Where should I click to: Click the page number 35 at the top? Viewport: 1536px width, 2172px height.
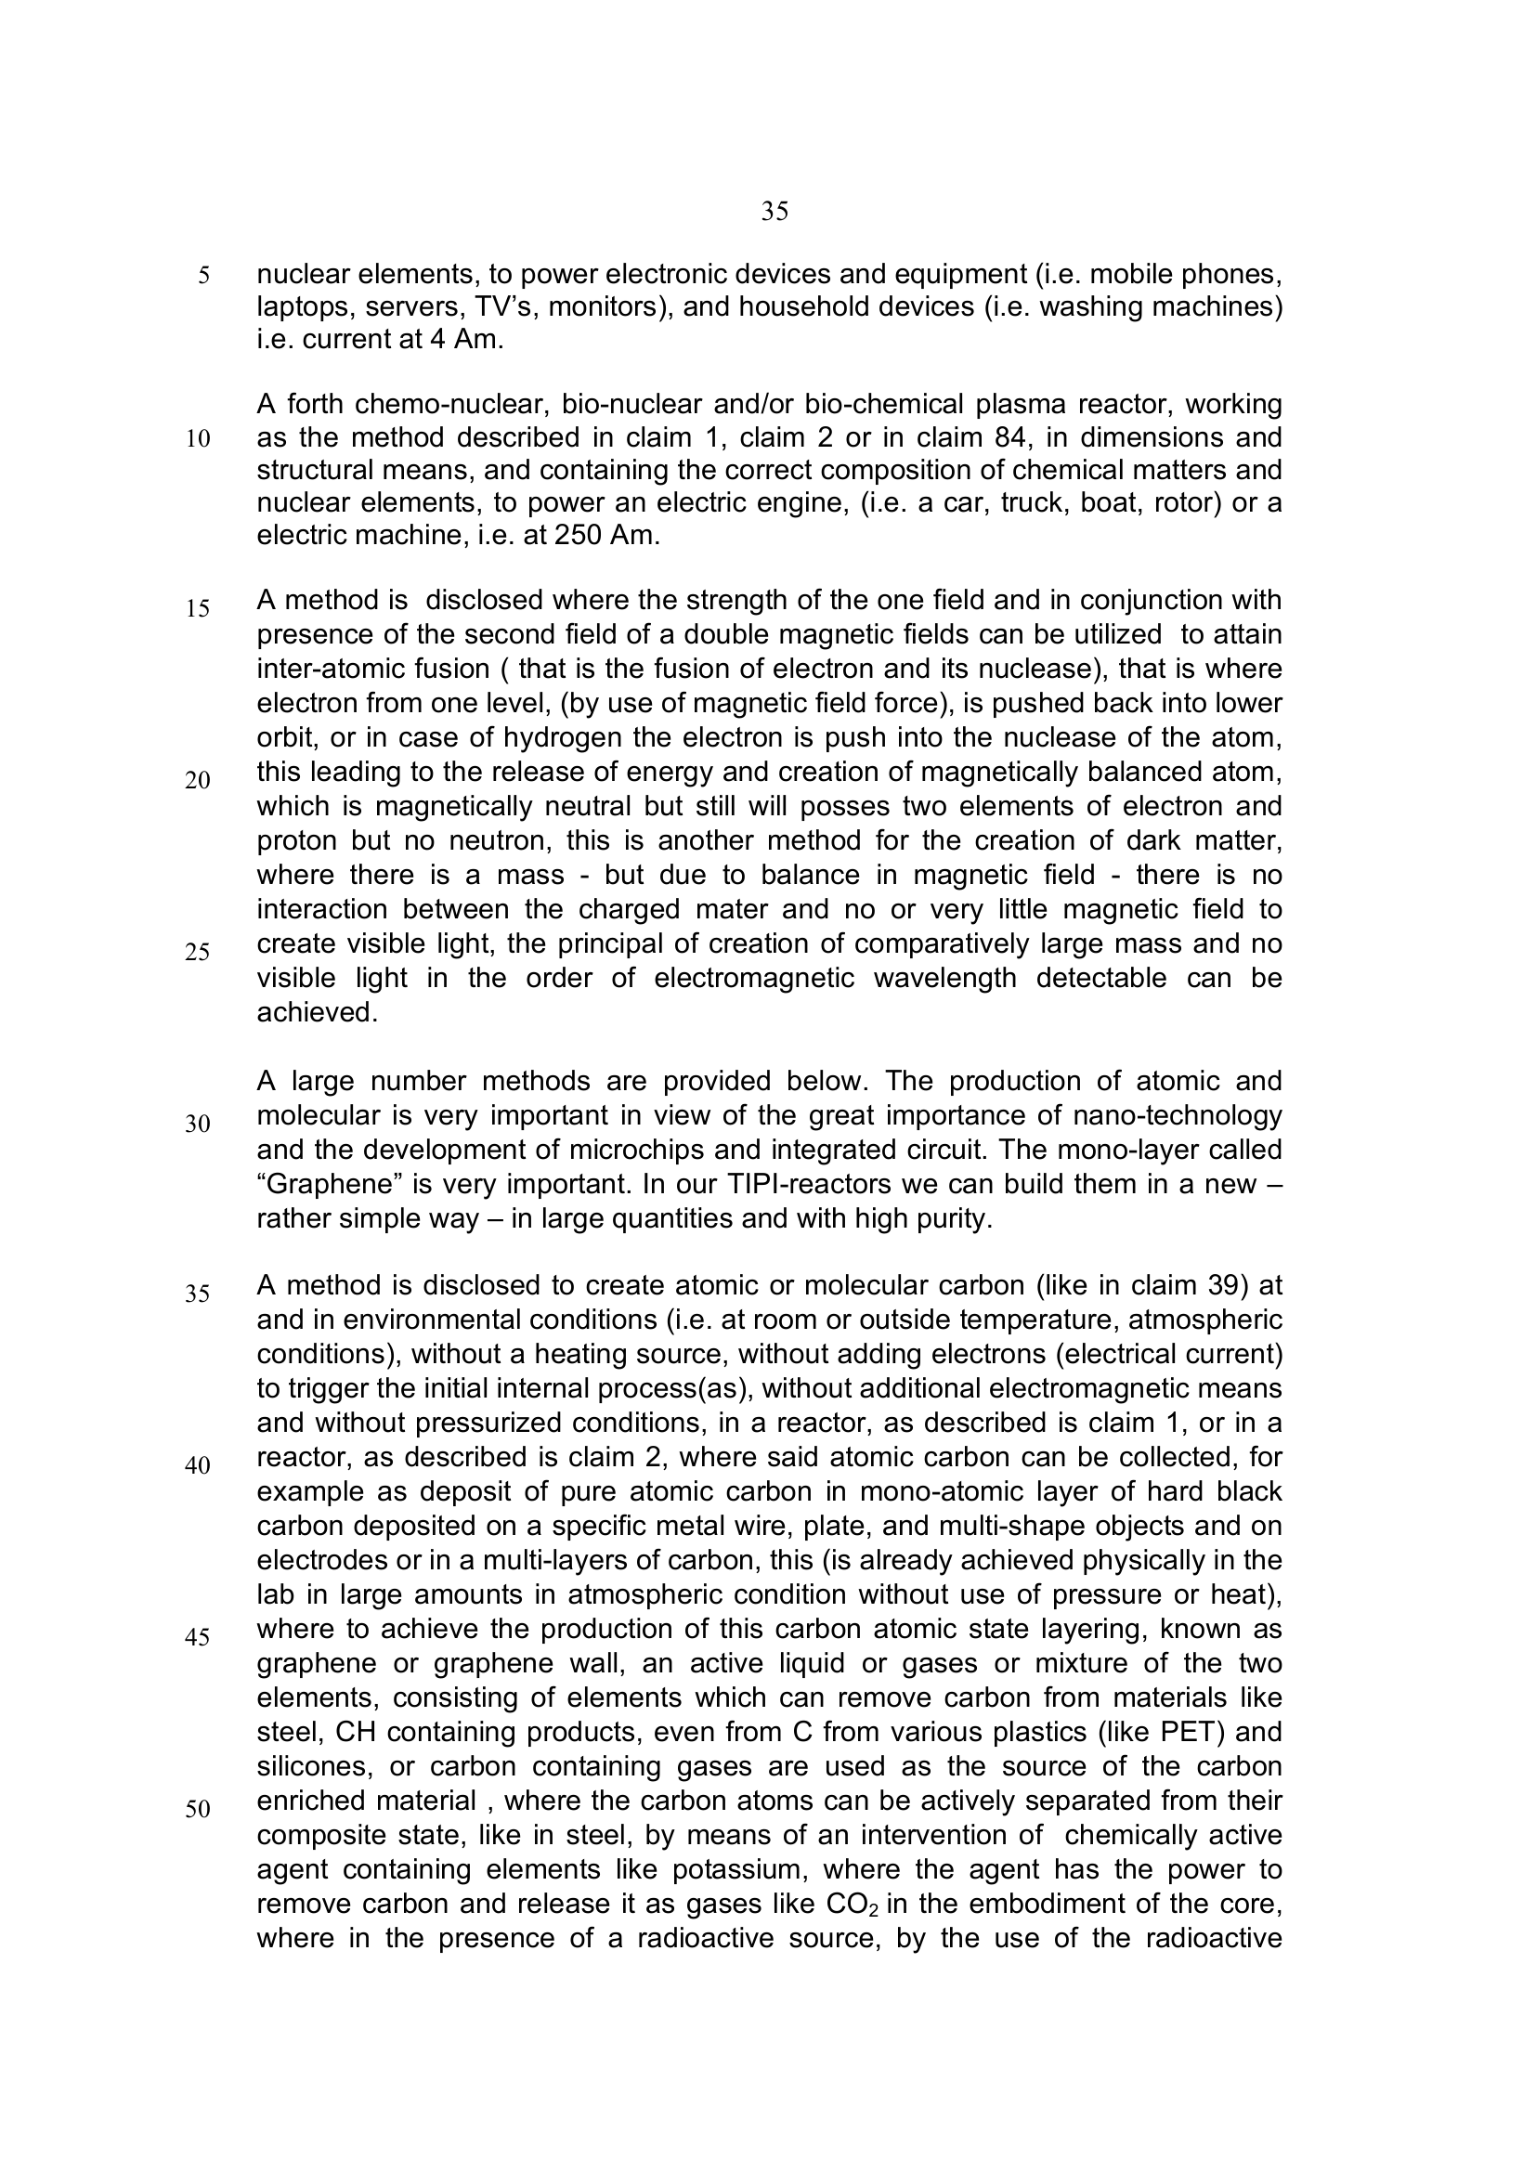point(775,212)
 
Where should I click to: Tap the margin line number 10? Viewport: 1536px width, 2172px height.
point(198,439)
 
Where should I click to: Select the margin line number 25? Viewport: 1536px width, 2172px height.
point(198,953)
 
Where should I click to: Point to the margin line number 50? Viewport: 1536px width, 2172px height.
point(198,1810)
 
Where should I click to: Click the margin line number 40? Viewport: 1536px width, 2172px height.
point(198,1466)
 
